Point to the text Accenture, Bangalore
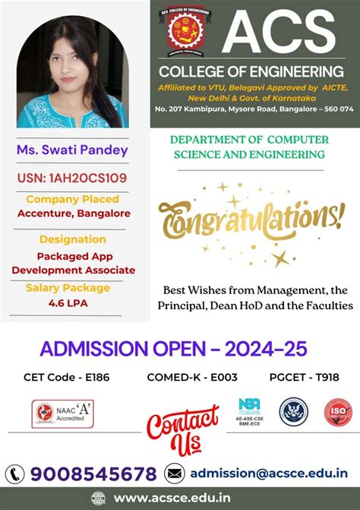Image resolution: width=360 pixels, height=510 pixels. click(x=74, y=213)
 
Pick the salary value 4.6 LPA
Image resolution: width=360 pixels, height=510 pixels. click(x=68, y=303)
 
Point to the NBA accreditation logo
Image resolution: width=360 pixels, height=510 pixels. click(x=249, y=411)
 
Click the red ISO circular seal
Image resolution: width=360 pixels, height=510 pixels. click(x=339, y=411)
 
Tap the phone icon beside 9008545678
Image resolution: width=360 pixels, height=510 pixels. click(x=16, y=474)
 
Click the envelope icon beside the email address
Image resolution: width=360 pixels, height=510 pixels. click(x=175, y=473)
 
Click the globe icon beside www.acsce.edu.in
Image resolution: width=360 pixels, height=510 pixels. click(x=98, y=498)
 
